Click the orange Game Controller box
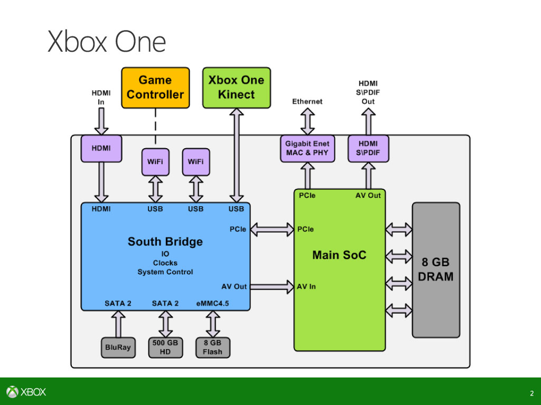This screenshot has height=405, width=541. tap(155, 88)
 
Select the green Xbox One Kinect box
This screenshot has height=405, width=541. tap(236, 88)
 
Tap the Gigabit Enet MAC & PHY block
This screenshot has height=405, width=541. tap(307, 148)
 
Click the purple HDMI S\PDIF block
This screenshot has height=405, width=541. tap(368, 148)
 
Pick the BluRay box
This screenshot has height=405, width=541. tap(118, 348)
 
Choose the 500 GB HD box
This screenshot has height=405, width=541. tap(165, 348)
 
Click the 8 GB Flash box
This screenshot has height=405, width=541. tap(212, 348)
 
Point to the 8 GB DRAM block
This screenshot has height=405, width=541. tap(436, 269)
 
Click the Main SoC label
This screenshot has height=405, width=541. tap(339, 255)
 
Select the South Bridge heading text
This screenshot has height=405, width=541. tap(165, 242)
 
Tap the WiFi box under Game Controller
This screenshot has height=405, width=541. tap(155, 162)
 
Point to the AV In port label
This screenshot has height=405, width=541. tap(306, 287)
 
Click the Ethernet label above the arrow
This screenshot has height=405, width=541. tap(307, 101)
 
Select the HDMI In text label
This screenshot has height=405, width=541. tap(101, 97)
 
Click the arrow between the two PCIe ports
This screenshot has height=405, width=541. tap(272, 229)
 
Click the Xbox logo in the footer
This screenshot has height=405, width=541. tap(26, 392)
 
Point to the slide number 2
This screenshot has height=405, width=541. tap(531, 393)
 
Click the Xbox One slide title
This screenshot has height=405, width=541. tap(107, 42)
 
